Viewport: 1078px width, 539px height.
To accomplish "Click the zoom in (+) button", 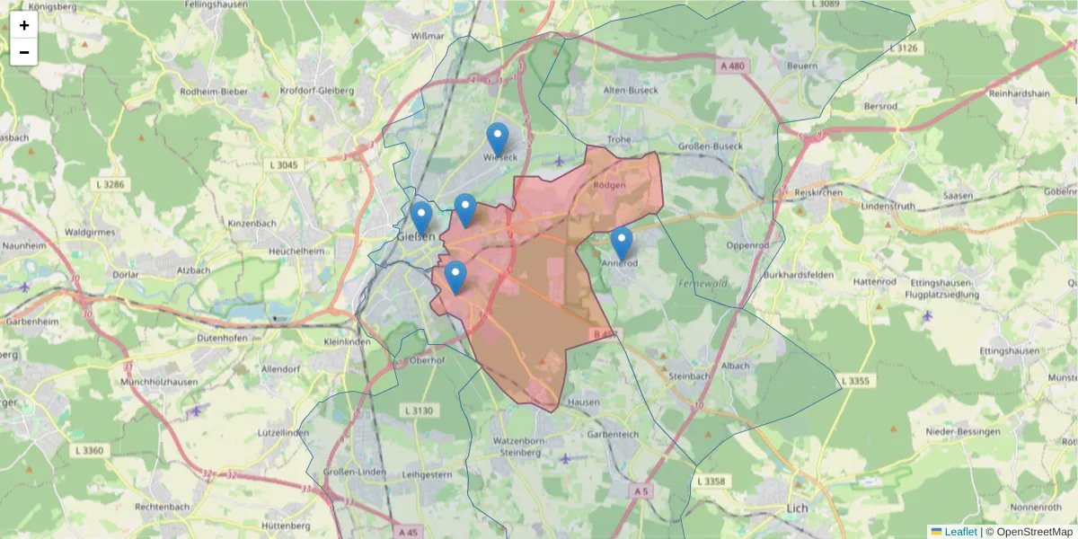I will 24,25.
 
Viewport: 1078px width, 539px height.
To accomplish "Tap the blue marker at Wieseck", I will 497,140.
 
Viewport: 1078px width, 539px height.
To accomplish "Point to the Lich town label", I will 797,508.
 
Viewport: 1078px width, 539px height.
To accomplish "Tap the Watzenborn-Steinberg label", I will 517,446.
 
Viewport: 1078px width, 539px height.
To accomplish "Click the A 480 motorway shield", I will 733,66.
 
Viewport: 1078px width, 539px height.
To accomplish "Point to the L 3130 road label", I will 419,411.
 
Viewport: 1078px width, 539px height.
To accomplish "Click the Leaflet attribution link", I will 960,532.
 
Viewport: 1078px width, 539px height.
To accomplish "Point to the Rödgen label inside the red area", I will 610,185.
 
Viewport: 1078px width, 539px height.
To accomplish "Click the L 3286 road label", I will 113,184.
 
